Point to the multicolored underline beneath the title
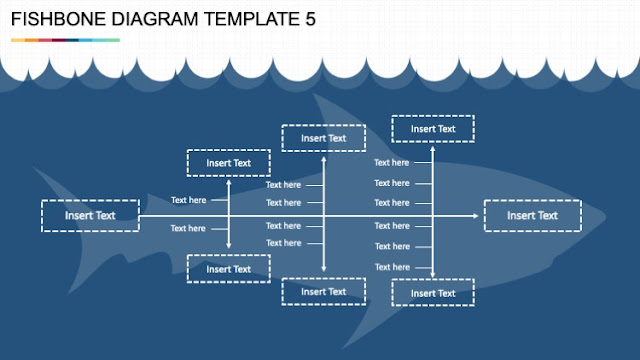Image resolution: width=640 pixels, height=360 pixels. click(x=66, y=40)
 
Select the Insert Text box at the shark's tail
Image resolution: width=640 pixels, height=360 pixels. click(x=90, y=215)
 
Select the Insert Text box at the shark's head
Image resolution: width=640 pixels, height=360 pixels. click(x=532, y=215)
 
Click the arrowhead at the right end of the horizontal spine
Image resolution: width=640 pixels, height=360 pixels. click(x=475, y=215)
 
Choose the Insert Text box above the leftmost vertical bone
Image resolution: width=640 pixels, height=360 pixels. click(x=228, y=163)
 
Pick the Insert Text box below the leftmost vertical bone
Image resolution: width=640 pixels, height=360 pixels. click(x=228, y=269)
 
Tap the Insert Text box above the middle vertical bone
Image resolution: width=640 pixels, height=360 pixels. click(x=323, y=138)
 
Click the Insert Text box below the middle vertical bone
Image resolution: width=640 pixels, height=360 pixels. click(x=323, y=292)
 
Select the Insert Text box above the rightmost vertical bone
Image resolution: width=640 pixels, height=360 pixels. click(x=432, y=129)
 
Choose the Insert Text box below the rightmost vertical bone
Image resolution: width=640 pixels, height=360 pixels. click(x=432, y=293)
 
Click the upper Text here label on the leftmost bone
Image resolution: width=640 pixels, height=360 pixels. click(x=188, y=200)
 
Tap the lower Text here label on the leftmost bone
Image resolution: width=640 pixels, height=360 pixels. click(x=188, y=229)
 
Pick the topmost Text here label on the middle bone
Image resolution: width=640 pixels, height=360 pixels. click(x=283, y=185)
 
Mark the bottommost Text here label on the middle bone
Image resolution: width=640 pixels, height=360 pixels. click(x=283, y=243)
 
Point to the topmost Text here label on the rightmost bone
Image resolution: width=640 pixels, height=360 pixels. click(x=391, y=162)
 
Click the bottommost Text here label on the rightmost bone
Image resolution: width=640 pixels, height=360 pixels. click(x=391, y=266)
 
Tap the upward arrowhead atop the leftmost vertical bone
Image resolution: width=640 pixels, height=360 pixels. click(x=229, y=182)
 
